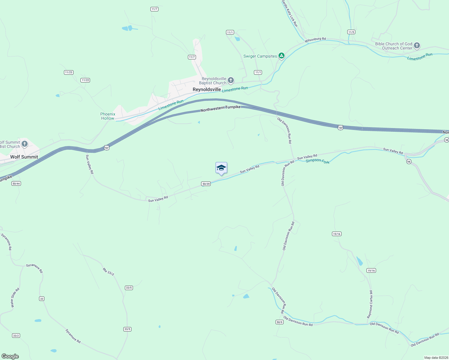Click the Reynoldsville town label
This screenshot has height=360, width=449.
coord(207,89)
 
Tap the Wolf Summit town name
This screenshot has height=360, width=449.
coord(24,157)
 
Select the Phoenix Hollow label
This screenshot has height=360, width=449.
coord(108,116)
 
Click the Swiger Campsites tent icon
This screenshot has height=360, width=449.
coord(281,56)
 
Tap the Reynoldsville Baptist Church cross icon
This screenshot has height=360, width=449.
coord(231,80)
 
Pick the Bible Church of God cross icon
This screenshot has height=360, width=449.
coord(417,46)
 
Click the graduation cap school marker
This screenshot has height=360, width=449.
coord(221,168)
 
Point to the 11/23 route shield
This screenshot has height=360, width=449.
coord(69,72)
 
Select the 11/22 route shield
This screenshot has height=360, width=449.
coord(85,80)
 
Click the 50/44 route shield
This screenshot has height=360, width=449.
coord(16,183)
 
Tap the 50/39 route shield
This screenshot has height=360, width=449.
coord(206,184)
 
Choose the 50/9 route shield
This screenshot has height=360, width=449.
coord(279,322)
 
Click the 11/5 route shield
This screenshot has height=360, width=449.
coord(351,32)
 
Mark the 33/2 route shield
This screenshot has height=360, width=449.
coord(16,335)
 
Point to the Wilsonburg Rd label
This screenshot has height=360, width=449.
coord(315,40)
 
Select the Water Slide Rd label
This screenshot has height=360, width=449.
coord(15,298)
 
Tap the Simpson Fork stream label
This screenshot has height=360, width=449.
coord(318,161)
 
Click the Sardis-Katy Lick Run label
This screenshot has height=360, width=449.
coord(290,13)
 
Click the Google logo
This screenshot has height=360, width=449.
coord(10,356)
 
